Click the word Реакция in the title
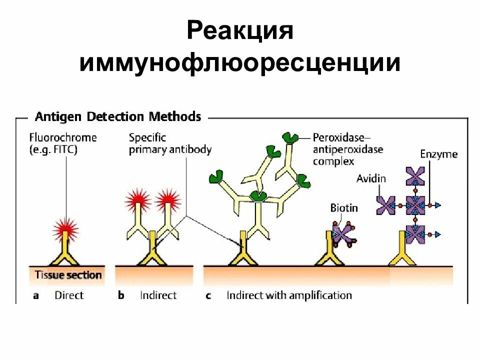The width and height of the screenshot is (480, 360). pos(239,31)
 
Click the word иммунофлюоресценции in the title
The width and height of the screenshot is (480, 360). pos(240,64)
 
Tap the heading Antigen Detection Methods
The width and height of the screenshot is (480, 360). pos(118,117)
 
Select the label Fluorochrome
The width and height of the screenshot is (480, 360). pos(63,137)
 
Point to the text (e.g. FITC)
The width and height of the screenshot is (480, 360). pos(53,149)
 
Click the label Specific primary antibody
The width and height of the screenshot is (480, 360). pos(169,143)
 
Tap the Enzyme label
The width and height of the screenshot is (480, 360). pos(438,154)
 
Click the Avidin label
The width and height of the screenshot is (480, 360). pos(371,178)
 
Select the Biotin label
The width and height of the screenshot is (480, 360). pos(344,207)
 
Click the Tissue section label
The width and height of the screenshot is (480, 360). pos(68,275)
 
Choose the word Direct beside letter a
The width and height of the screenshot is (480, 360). pos(69,295)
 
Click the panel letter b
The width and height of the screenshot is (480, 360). pos(121,295)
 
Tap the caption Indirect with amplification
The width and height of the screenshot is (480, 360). pos(289,295)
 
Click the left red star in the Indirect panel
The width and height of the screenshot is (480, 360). pos(138,201)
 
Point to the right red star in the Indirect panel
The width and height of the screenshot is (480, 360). pos(168,201)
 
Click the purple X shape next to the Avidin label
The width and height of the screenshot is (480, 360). pos(386,204)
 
